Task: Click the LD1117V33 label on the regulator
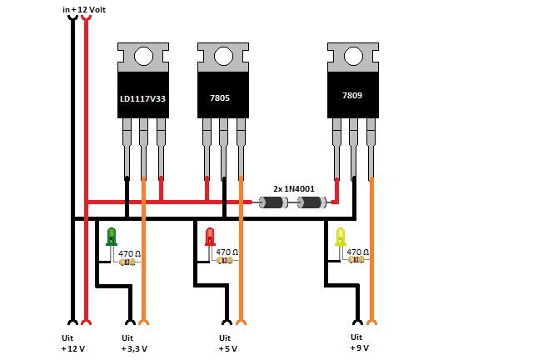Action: point(142,98)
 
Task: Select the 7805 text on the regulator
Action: point(222,98)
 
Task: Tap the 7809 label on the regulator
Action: point(353,96)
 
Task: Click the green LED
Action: point(112,237)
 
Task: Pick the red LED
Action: point(210,237)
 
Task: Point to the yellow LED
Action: point(340,237)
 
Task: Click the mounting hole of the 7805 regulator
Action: point(223,56)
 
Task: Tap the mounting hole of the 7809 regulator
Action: point(353,56)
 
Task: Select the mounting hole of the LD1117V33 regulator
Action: point(142,56)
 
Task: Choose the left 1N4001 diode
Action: point(273,202)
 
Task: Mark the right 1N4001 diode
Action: point(311,202)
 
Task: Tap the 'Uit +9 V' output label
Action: point(360,342)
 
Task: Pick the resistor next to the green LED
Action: point(127,261)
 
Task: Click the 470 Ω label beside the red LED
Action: point(227,252)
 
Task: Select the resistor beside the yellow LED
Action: point(356,260)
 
